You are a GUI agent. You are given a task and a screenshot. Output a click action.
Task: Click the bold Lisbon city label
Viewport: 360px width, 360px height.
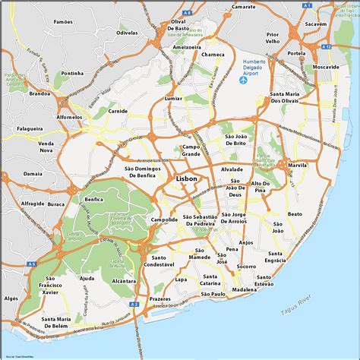point(186,178)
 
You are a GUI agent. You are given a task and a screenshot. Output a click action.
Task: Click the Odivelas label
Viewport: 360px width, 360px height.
point(127,33)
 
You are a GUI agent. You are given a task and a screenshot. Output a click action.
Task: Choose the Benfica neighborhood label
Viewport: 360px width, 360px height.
point(94,199)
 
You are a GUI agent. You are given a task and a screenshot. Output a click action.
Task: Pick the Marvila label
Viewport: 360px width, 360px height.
point(297,165)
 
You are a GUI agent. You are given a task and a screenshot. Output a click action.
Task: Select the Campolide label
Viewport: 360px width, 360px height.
point(164,219)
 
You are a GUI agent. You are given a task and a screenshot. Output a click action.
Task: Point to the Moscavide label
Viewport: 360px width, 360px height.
point(326,68)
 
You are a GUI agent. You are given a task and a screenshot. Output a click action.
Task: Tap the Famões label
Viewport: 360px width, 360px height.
point(64,24)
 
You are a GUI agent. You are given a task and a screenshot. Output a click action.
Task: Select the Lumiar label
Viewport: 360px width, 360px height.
point(173,99)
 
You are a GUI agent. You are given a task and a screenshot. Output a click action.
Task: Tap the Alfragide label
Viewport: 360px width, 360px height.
point(33,204)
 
